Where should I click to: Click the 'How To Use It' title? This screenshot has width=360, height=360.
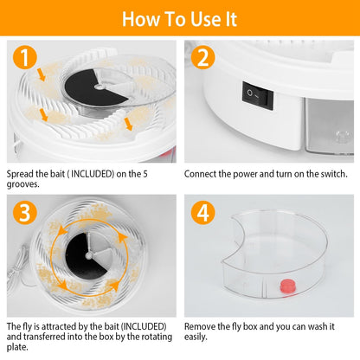[179, 19]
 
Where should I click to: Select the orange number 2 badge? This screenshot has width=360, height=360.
[203, 58]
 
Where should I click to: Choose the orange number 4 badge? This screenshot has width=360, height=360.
[203, 213]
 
